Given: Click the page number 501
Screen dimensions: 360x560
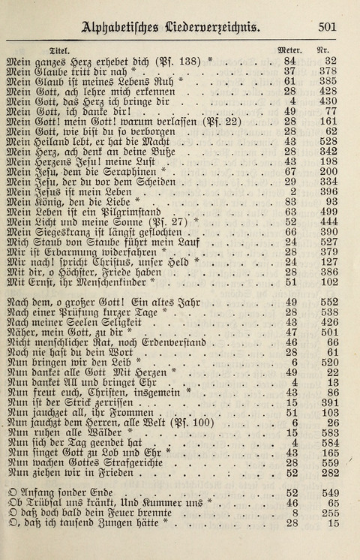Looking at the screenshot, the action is pos(326,26).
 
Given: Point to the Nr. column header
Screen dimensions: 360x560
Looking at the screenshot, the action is pos(324,47).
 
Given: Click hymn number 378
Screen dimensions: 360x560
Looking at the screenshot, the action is pos(327,71).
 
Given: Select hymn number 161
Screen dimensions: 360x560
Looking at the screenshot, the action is pos(327,121).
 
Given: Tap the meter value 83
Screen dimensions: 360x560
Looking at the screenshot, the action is pos(290,202).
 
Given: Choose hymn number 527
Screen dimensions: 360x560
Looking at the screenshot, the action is pos(327,242).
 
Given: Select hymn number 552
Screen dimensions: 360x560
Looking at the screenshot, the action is pos(327,302).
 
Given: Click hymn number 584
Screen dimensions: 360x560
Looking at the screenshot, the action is pos(327,443).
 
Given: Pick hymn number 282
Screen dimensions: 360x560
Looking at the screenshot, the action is pos(327,474).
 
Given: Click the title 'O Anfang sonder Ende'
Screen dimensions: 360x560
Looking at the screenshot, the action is pos(59,493).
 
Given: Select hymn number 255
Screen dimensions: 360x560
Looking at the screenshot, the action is pos(327,513).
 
